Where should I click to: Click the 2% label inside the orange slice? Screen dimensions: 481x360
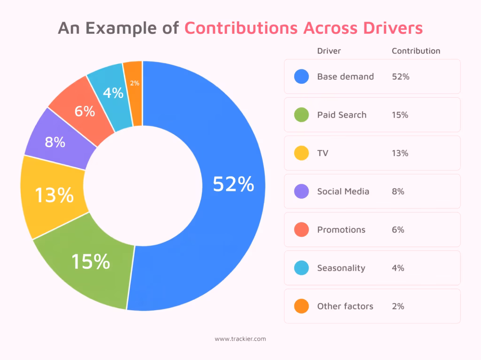tap(135, 83)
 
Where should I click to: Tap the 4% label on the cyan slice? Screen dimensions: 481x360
tap(113, 93)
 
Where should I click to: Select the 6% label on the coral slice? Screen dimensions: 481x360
tap(85, 111)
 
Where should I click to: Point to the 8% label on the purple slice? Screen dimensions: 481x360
tap(55, 142)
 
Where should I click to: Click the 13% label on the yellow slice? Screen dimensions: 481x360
tap(54, 195)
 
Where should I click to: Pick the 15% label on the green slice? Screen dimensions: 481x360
tap(91, 261)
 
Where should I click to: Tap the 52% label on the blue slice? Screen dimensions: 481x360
tap(233, 184)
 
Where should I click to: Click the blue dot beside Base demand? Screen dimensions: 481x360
tap(302, 77)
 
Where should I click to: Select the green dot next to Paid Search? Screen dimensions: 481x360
tap(302, 115)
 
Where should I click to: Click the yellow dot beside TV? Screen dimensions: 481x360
tap(302, 153)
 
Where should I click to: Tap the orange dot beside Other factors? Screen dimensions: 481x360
tap(302, 306)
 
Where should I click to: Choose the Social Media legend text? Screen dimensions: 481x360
tap(343, 191)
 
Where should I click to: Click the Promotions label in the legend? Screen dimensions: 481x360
tap(341, 230)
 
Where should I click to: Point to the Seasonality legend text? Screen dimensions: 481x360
tap(341, 268)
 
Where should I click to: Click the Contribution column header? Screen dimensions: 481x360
tap(416, 51)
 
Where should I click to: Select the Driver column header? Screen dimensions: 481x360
tap(329, 51)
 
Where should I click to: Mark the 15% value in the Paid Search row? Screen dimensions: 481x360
tap(400, 115)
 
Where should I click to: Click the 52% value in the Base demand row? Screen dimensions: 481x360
tap(401, 77)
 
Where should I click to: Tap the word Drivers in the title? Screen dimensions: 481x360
tap(393, 28)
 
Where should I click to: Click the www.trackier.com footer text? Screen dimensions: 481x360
tap(240, 339)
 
